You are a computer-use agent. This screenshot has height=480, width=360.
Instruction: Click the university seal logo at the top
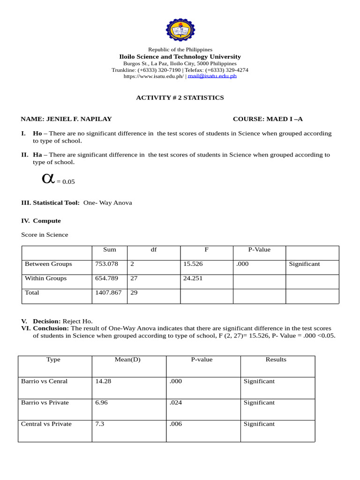(180, 29)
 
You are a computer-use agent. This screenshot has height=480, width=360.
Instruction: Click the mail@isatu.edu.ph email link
(212, 76)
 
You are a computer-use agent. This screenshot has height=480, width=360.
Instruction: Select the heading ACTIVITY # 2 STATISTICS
(180, 97)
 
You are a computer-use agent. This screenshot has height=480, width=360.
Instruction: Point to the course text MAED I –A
(284, 119)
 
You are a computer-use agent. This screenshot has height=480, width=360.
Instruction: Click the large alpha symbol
(48, 178)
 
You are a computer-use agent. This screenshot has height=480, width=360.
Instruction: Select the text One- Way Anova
(108, 203)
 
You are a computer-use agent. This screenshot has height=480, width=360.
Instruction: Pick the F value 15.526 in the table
(193, 264)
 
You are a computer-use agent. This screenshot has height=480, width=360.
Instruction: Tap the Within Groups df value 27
(134, 278)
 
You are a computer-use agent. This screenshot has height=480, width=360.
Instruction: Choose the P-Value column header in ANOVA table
(259, 249)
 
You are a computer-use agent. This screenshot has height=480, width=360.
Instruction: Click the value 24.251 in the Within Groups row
(193, 278)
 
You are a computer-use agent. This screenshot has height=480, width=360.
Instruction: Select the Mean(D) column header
(127, 360)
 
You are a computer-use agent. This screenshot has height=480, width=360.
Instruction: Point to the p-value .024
(176, 403)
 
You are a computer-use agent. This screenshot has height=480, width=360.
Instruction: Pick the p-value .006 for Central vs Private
(176, 424)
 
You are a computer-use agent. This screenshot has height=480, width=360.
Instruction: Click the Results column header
(276, 360)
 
